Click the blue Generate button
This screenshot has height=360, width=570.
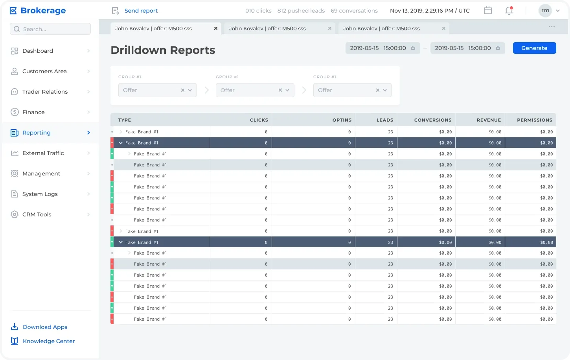pyautogui.click(x=534, y=48)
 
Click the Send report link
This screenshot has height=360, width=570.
pyautogui.click(x=141, y=11)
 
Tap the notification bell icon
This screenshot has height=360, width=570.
pyautogui.click(x=509, y=11)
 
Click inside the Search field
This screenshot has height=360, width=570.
pyautogui.click(x=50, y=29)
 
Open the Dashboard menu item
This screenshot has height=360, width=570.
pyautogui.click(x=38, y=51)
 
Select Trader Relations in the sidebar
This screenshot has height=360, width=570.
pyautogui.click(x=45, y=92)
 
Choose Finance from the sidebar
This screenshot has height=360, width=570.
pyautogui.click(x=33, y=112)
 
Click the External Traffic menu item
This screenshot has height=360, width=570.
pyautogui.click(x=43, y=153)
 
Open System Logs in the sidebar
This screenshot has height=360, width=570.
pyautogui.click(x=40, y=194)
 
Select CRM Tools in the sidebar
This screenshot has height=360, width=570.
pyautogui.click(x=37, y=214)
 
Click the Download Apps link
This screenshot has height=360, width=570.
pyautogui.click(x=45, y=327)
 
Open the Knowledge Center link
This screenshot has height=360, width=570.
pyautogui.click(x=49, y=341)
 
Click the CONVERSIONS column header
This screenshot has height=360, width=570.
pyautogui.click(x=433, y=120)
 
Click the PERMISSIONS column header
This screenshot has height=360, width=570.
pyautogui.click(x=535, y=120)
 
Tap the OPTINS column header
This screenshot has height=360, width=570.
pyautogui.click(x=342, y=120)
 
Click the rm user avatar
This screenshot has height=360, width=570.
pyautogui.click(x=545, y=11)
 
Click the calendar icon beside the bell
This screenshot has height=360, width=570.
pyautogui.click(x=487, y=11)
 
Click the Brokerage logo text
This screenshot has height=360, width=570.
pyautogui.click(x=43, y=11)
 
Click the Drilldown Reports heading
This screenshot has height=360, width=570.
pyautogui.click(x=163, y=50)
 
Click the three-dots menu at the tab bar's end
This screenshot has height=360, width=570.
pyautogui.click(x=552, y=27)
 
